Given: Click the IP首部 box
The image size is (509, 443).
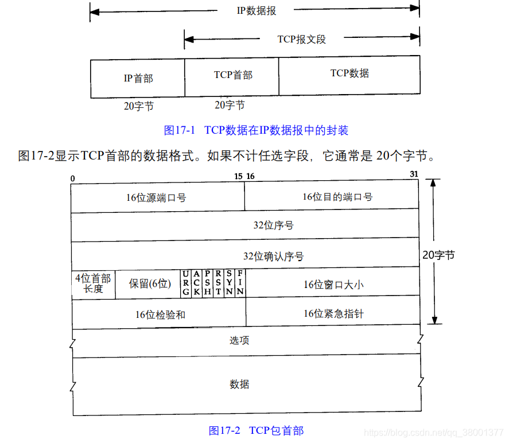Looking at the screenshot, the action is tap(138, 78).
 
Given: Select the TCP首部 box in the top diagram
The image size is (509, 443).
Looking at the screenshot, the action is tap(232, 76).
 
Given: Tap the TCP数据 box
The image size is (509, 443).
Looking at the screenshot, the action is tap(349, 75).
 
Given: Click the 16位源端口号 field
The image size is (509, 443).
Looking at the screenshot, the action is tap(157, 197).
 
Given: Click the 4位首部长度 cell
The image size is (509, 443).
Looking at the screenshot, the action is tap(93, 283).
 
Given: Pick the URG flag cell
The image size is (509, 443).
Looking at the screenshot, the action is tap(185, 283).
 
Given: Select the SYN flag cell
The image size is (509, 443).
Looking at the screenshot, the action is tap(229, 283).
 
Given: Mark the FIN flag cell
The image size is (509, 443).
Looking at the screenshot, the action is tap(240, 283).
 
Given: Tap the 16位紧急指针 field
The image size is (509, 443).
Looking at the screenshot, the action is tap(333, 314).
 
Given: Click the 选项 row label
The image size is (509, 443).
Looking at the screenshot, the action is tap(239, 340).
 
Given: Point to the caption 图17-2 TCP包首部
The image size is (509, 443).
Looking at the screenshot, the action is tap(256, 430).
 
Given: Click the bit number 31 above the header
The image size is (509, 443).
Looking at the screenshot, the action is tap(415, 174).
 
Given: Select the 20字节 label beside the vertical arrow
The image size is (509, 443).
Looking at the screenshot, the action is tap(438, 255).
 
